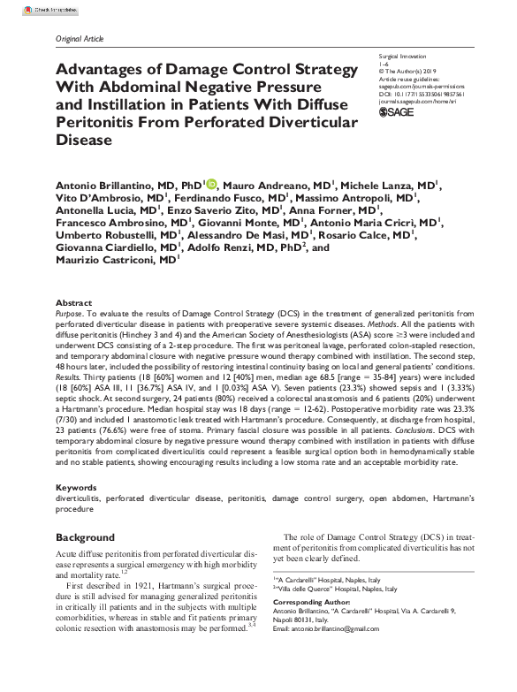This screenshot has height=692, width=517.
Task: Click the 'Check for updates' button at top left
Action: (x=27, y=8)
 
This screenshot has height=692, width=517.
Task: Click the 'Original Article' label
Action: (x=80, y=39)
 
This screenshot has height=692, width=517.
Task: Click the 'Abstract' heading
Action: (x=73, y=302)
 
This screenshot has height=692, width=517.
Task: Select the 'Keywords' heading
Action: (x=77, y=487)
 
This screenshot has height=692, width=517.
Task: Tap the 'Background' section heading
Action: (x=86, y=536)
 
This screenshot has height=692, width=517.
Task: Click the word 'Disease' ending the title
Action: (x=84, y=140)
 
